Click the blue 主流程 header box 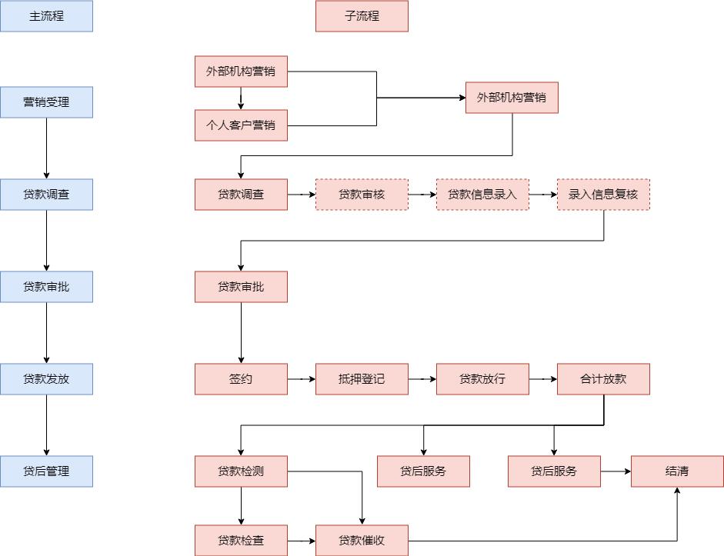click(46, 16)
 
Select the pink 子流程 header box click(362, 16)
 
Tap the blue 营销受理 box click(46, 102)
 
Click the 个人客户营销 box click(241, 125)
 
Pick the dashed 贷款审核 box click(362, 195)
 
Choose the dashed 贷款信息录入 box click(482, 195)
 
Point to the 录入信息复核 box click(603, 195)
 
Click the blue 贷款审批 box click(46, 287)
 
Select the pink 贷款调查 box click(241, 195)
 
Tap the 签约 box click(241, 379)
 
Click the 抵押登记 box click(362, 379)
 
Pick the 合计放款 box click(603, 379)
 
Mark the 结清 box click(677, 471)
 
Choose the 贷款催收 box click(362, 541)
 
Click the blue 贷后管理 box click(46, 471)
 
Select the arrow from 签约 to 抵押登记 click(302, 379)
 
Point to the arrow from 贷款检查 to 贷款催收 click(302, 541)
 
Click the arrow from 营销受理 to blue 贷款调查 click(46, 148)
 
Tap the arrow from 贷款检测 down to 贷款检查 click(241, 506)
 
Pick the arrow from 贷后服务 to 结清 click(616, 471)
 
